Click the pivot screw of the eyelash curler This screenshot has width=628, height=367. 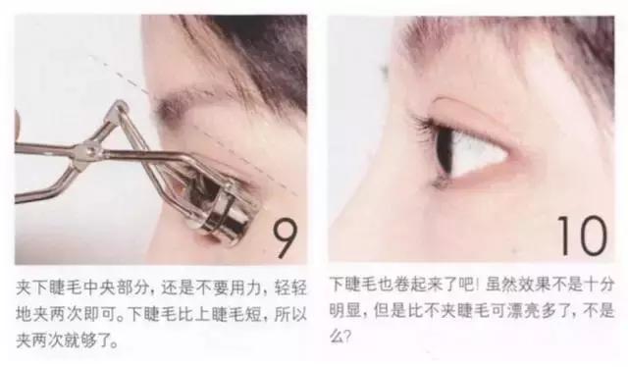[x=91, y=148]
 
